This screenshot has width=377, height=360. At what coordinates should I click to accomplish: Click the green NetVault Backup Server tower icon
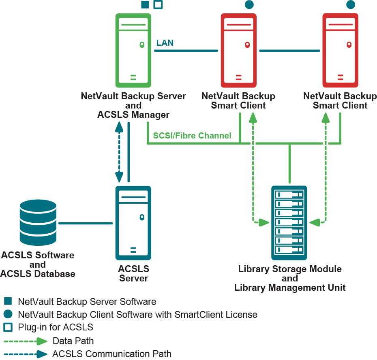(x=133, y=50)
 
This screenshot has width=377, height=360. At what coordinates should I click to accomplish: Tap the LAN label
(x=165, y=43)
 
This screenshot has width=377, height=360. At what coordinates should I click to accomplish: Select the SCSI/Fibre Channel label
(x=193, y=136)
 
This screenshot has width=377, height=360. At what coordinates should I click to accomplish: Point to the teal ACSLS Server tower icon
(x=133, y=223)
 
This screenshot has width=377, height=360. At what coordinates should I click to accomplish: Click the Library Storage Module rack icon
(x=289, y=223)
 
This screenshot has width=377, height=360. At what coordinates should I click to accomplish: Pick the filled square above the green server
(x=145, y=5)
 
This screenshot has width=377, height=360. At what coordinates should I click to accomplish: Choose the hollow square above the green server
(x=158, y=5)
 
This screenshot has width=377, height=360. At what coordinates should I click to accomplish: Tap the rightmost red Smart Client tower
(x=340, y=50)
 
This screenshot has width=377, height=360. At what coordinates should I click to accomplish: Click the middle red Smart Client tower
(x=238, y=50)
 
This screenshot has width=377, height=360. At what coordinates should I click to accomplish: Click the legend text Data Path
(x=73, y=341)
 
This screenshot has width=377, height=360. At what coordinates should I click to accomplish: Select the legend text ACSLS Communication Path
(x=111, y=354)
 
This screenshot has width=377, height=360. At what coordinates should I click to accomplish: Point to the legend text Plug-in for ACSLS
(x=56, y=327)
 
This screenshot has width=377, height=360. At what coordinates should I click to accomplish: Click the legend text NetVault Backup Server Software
(x=87, y=302)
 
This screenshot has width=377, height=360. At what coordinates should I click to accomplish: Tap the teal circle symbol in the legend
(x=8, y=314)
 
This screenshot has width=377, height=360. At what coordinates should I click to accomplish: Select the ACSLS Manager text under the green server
(x=133, y=115)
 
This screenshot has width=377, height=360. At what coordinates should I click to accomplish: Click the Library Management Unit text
(x=290, y=288)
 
